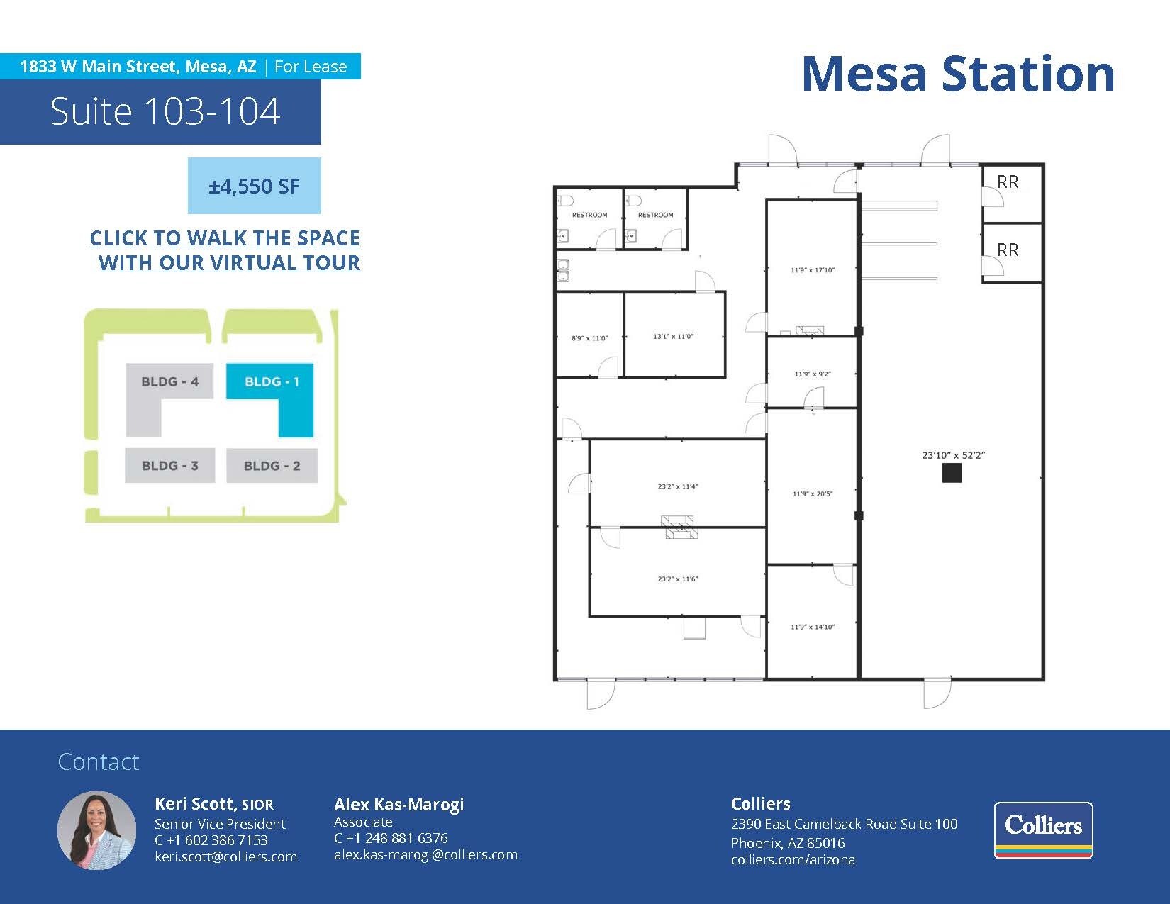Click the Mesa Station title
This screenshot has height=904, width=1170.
[958, 74]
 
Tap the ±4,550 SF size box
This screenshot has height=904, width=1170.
[254, 186]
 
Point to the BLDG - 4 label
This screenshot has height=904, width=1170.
[169, 381]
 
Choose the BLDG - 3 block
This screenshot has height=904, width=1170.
[170, 465]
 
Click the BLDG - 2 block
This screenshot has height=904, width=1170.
[272, 466]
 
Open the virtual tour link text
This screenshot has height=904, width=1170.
[225, 250]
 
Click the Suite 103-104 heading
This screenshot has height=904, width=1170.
[165, 111]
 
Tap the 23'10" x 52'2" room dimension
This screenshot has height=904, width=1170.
[954, 455]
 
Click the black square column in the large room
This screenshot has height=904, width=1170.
[952, 473]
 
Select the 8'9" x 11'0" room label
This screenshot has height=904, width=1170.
[589, 338]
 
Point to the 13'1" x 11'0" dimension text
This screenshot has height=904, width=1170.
[674, 337]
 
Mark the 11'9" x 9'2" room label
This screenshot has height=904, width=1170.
[813, 374]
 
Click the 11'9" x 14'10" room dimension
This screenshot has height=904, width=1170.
[813, 627]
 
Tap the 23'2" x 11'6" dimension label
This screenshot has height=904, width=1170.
[678, 579]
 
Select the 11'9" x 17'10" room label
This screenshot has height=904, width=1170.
[813, 269]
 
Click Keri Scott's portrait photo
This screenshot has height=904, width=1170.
[97, 830]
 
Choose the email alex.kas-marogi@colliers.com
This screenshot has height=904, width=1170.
[426, 854]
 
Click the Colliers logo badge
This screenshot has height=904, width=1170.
[1044, 830]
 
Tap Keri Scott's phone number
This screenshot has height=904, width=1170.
[211, 840]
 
